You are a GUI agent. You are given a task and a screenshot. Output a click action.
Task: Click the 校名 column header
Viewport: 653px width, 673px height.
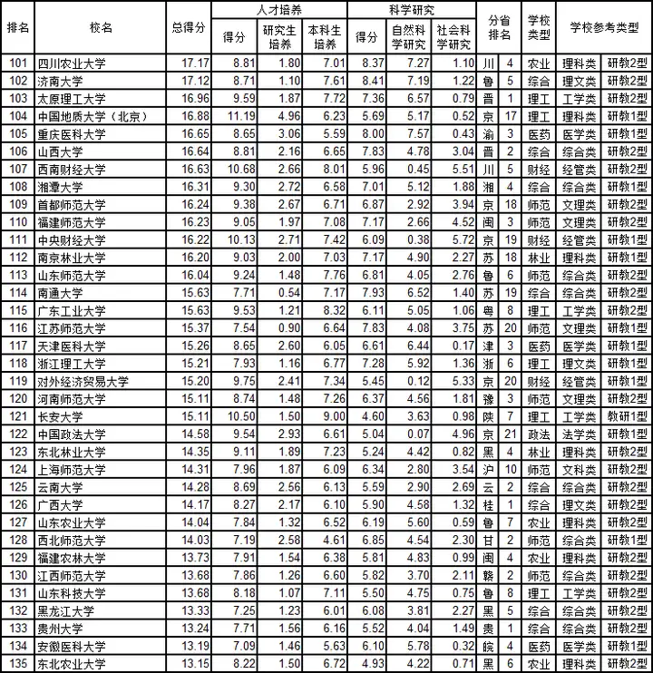tap(102, 28)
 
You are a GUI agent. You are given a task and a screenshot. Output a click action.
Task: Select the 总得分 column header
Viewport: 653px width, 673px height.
tap(188, 28)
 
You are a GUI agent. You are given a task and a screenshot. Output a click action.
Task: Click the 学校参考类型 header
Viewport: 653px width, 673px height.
tap(603, 28)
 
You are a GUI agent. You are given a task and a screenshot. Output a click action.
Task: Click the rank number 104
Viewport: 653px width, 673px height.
tap(18, 116)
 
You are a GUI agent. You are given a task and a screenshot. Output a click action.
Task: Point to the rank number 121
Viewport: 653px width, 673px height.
tap(18, 416)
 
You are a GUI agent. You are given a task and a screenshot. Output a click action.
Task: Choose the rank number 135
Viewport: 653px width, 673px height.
tap(18, 664)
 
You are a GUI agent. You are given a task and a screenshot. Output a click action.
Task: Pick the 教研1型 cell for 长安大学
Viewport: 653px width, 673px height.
tap(627, 416)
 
